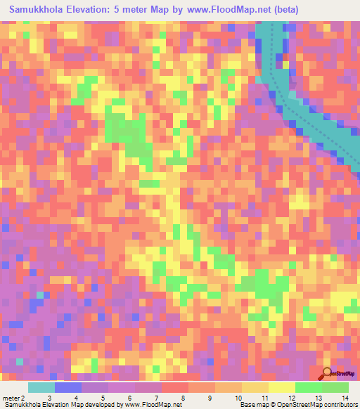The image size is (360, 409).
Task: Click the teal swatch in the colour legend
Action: tap(41, 387)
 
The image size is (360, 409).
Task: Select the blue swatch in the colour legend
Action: tap(68, 387)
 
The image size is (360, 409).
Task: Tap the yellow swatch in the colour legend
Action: tap(281, 387)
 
